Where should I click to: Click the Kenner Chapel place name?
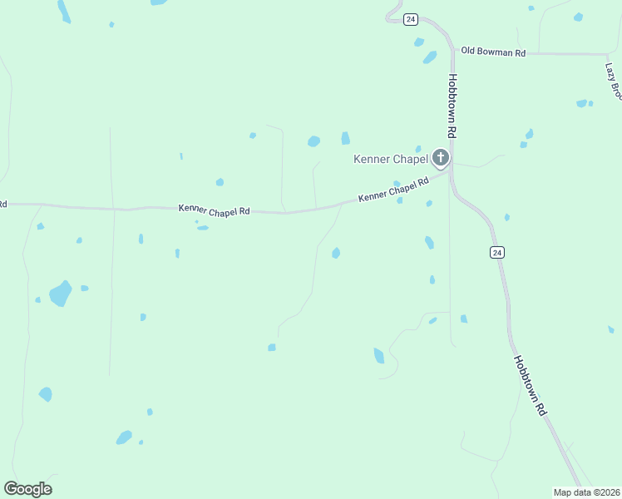[390, 159]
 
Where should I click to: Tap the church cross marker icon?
[440, 158]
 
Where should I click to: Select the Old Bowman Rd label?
[493, 52]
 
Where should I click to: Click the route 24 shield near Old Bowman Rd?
[410, 20]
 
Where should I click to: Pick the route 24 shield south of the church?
[496, 252]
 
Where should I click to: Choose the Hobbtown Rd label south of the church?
[529, 386]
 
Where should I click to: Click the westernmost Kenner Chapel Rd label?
[214, 211]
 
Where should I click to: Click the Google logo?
[27, 489]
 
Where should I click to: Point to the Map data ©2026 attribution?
[587, 492]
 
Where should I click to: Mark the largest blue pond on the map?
[60, 293]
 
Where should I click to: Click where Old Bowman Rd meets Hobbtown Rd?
[454, 52]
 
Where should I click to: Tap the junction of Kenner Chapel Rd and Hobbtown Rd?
[449, 170]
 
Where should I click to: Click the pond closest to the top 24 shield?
[419, 42]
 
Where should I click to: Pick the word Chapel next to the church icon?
[411, 159]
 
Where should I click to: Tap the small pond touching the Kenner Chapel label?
[418, 149]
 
